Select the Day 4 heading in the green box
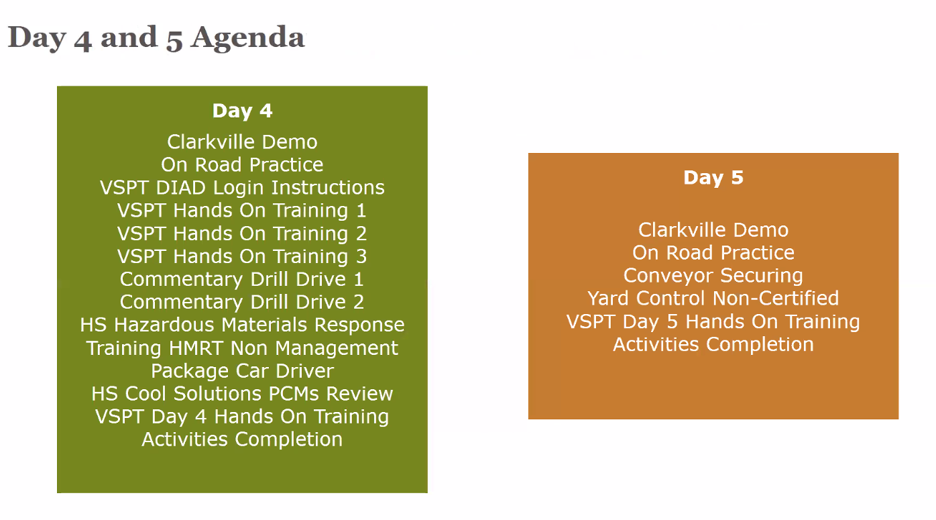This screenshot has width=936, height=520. (242, 111)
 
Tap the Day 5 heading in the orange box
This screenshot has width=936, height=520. (713, 178)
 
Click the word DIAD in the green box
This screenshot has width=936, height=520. (181, 188)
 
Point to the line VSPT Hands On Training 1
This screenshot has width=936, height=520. (242, 211)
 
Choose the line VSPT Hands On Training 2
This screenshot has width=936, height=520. (242, 233)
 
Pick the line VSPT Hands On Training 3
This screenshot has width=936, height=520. (242, 257)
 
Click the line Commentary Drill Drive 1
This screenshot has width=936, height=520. (242, 279)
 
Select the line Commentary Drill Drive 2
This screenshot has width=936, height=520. (242, 302)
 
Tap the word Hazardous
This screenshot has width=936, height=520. (164, 325)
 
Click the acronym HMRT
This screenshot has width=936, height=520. (196, 348)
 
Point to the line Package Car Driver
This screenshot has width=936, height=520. (242, 371)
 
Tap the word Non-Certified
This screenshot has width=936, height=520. (776, 299)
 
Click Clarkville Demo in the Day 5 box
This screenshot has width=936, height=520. (713, 230)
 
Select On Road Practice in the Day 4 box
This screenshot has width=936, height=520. (242, 164)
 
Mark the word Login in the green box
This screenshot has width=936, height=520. (239, 188)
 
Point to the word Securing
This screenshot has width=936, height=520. (762, 276)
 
